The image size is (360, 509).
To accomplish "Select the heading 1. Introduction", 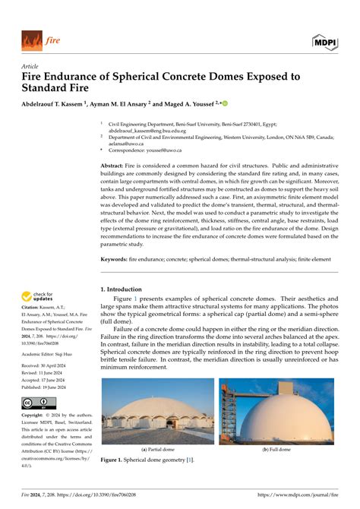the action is pyautogui.click(x=121, y=289).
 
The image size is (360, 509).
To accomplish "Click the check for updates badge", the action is pyautogui.click(x=37, y=298).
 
